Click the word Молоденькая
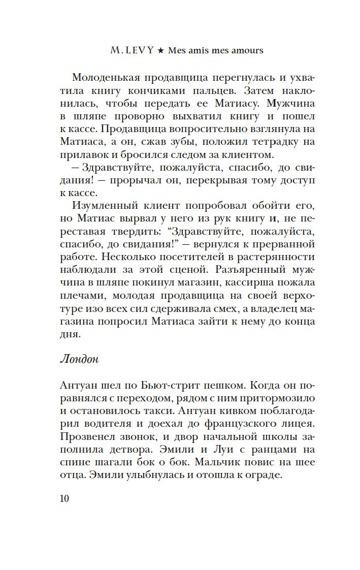pyautogui.click(x=105, y=78)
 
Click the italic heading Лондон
pyautogui.click(x=79, y=359)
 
